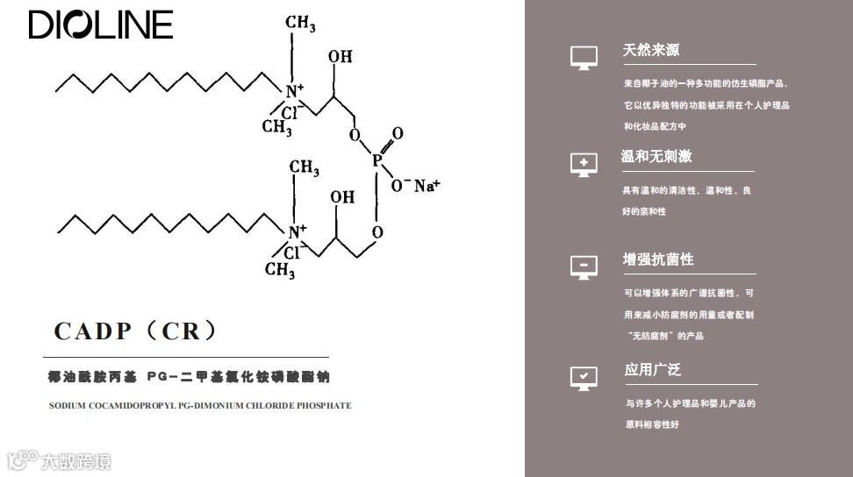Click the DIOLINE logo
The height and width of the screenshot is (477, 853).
[x=101, y=25]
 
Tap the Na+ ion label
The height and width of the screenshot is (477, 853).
[x=426, y=185]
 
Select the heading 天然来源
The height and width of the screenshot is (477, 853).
[x=651, y=50]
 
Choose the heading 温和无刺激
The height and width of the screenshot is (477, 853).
[x=656, y=156]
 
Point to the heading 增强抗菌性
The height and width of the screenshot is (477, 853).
[x=658, y=260]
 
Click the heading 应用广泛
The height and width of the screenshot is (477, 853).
[x=653, y=369]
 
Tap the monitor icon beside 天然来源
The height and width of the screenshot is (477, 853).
[x=584, y=58]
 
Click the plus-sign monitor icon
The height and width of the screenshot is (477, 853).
[x=584, y=164]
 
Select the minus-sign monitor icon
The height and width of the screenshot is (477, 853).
[x=584, y=267]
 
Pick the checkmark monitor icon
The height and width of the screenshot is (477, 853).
[x=584, y=377]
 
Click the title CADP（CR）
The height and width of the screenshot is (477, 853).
[x=135, y=331]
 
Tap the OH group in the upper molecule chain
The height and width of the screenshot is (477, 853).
[x=340, y=57]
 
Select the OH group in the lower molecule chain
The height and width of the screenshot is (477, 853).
[x=342, y=197]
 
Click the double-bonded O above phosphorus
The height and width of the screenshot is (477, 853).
[x=398, y=133]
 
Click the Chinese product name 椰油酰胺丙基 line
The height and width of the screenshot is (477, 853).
[x=190, y=377]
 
